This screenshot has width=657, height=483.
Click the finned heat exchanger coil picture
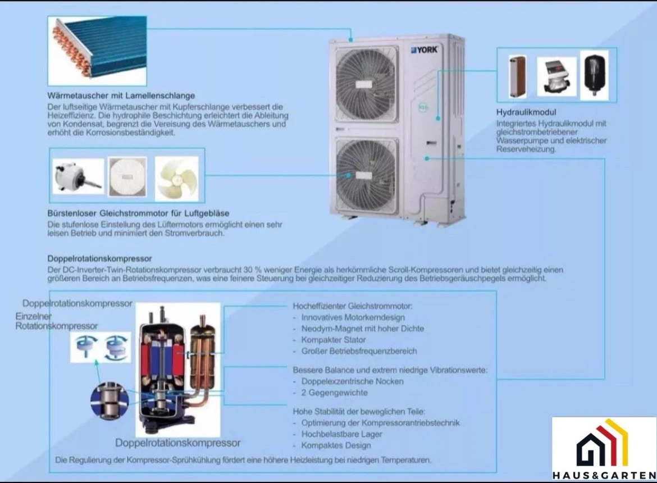(x=97, y=51)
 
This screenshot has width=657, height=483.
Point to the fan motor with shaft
(x=78, y=176)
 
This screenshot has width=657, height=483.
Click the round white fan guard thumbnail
(x=127, y=176)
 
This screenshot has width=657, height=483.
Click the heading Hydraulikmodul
(x=526, y=112)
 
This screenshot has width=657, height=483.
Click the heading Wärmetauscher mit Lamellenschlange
(x=121, y=95)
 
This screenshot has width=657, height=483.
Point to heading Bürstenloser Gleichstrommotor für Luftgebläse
(x=138, y=213)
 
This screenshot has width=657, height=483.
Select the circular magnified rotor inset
(x=109, y=400)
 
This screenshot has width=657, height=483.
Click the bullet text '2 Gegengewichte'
(x=334, y=393)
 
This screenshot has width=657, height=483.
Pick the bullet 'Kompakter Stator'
(x=334, y=340)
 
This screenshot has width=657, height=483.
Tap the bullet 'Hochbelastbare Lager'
(x=341, y=434)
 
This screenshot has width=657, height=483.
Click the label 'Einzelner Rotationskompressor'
(x=57, y=321)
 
